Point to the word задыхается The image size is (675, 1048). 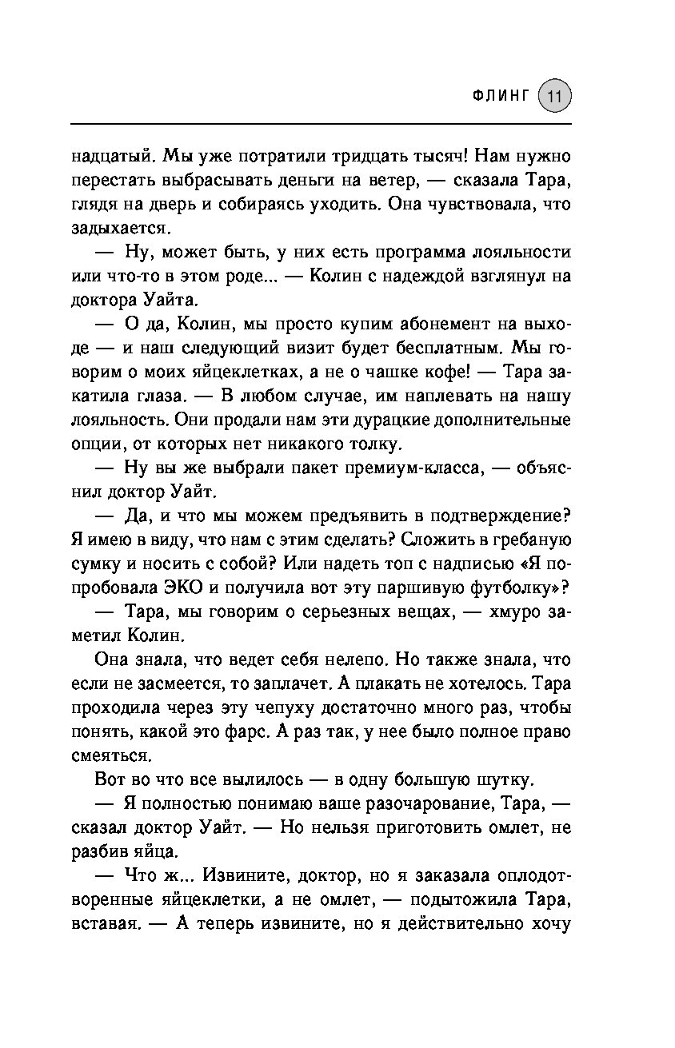118,228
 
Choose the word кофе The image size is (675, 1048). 449,373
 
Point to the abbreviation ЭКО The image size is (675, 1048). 187,588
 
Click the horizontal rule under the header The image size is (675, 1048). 320,124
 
